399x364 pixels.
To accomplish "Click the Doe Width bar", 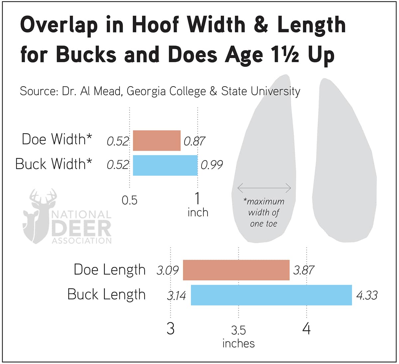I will tap(157, 140).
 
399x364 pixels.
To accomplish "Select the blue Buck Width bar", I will tap(165, 165).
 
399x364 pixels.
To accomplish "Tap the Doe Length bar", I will tap(236, 270).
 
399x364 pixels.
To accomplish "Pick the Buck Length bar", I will tap(271, 295).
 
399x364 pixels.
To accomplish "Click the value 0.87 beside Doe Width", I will tap(194, 141).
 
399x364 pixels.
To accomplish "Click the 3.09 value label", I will tap(168, 270).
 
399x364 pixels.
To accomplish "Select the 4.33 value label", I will tap(367, 295).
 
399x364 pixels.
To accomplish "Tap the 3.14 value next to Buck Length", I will tap(176, 295).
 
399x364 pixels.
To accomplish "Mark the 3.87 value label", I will tap(303, 270).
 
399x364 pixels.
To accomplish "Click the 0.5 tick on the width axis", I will tap(129, 200).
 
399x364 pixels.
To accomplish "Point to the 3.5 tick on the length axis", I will tap(238, 330).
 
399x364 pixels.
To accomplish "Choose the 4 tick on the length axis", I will tap(306, 329).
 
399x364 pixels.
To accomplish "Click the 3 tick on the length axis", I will tap(170, 329).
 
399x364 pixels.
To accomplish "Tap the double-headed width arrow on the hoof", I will tap(264, 188).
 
